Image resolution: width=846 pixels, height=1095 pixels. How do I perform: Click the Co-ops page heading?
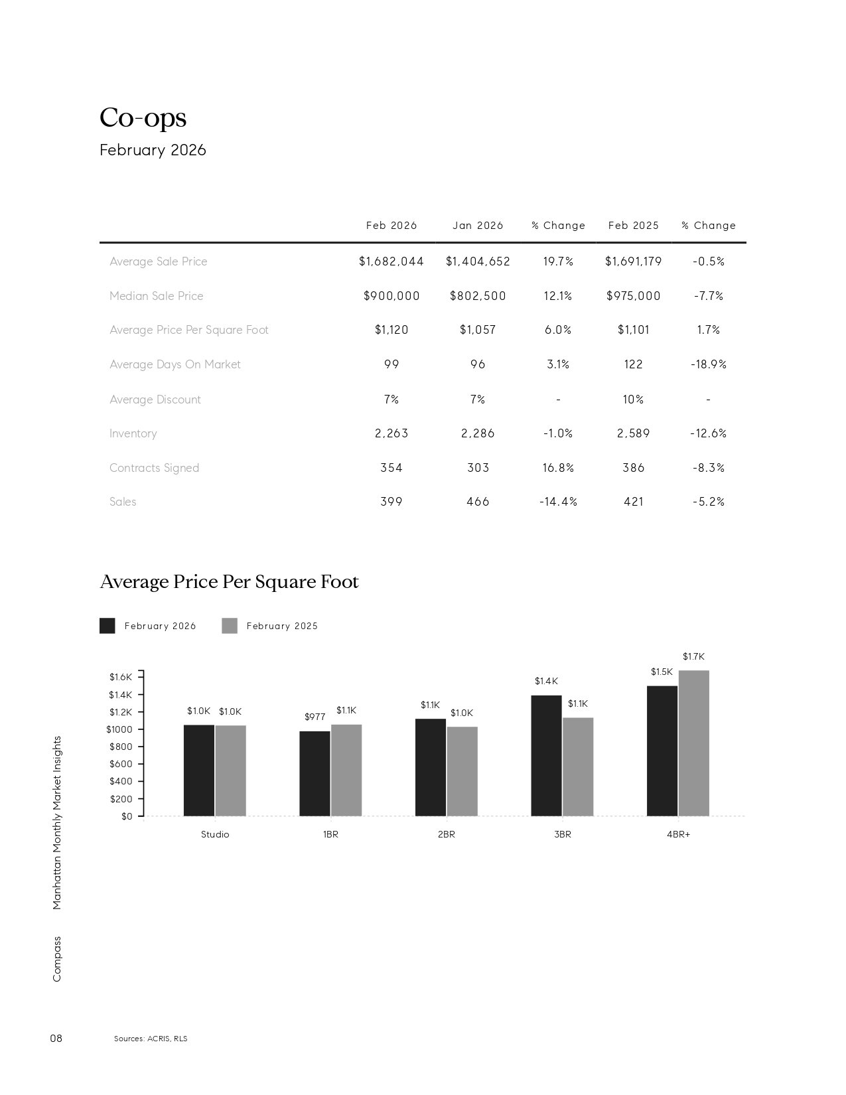point(143,118)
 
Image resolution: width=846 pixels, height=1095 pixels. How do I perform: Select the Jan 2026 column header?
point(478,226)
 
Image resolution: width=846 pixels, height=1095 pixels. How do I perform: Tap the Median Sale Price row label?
point(157,296)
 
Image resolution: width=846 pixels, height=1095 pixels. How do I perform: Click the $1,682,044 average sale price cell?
point(391,261)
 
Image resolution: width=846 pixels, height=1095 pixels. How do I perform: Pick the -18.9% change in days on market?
point(709,364)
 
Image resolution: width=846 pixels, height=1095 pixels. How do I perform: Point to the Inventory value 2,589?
point(633,433)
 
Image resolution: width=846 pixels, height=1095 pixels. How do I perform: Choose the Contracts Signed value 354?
point(391,468)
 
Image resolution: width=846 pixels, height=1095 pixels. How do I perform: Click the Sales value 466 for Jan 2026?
point(478,502)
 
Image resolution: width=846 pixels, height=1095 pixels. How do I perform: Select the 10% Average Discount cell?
point(633,400)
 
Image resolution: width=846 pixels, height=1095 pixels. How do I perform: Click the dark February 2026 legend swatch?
point(107,626)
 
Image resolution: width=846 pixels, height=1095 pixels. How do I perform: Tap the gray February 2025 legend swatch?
point(230,626)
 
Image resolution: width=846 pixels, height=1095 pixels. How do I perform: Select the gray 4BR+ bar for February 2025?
point(693,743)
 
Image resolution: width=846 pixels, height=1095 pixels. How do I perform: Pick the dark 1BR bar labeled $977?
point(315,773)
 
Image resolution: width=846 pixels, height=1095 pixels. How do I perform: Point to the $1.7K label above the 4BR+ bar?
point(693,657)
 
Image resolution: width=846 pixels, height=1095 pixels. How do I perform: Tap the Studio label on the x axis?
point(215,834)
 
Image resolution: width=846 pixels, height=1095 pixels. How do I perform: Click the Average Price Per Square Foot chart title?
point(229,582)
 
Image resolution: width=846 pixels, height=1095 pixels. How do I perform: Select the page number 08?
point(56,1038)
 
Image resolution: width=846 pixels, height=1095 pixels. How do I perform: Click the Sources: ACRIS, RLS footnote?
point(151,1039)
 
